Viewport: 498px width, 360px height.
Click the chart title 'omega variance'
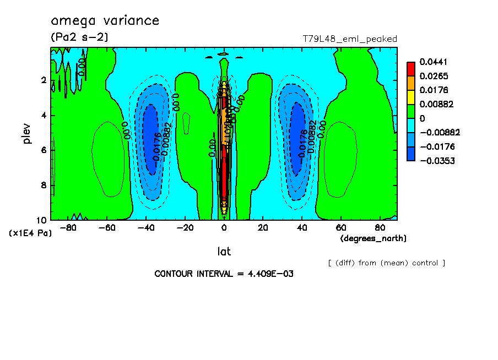click(x=105, y=21)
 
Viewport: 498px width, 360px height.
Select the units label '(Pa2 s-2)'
click(x=79, y=37)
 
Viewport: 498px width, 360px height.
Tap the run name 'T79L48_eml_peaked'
click(x=350, y=39)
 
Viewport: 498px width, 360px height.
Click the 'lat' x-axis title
click(x=223, y=252)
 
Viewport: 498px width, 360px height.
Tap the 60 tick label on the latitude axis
click(x=341, y=227)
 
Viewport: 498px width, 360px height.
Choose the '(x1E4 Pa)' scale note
click(x=30, y=233)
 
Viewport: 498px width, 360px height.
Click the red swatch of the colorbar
click(x=410, y=69)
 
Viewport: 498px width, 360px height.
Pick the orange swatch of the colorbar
click(x=410, y=83)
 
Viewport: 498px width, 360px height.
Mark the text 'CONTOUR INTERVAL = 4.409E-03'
click(x=224, y=274)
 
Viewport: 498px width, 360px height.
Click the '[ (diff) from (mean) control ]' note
click(x=386, y=263)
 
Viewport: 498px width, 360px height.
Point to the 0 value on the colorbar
click(x=424, y=118)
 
